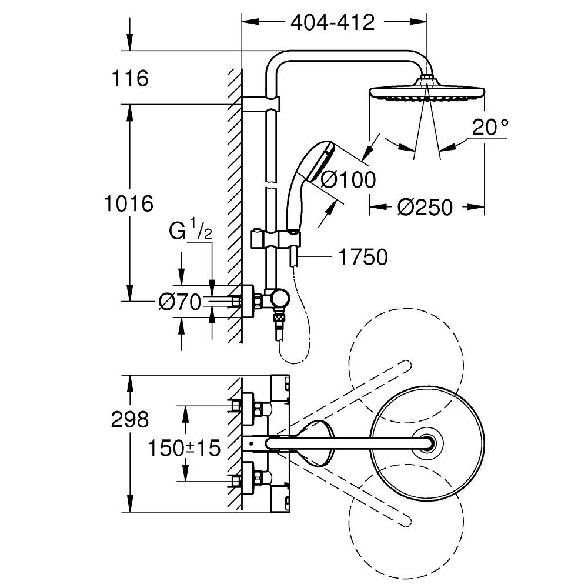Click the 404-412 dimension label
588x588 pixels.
(x=333, y=23)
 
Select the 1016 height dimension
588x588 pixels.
(x=128, y=203)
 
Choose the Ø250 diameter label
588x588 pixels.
(x=425, y=207)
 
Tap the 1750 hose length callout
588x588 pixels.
(x=363, y=257)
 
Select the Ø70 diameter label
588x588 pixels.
(x=179, y=302)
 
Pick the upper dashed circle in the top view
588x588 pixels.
(x=406, y=361)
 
